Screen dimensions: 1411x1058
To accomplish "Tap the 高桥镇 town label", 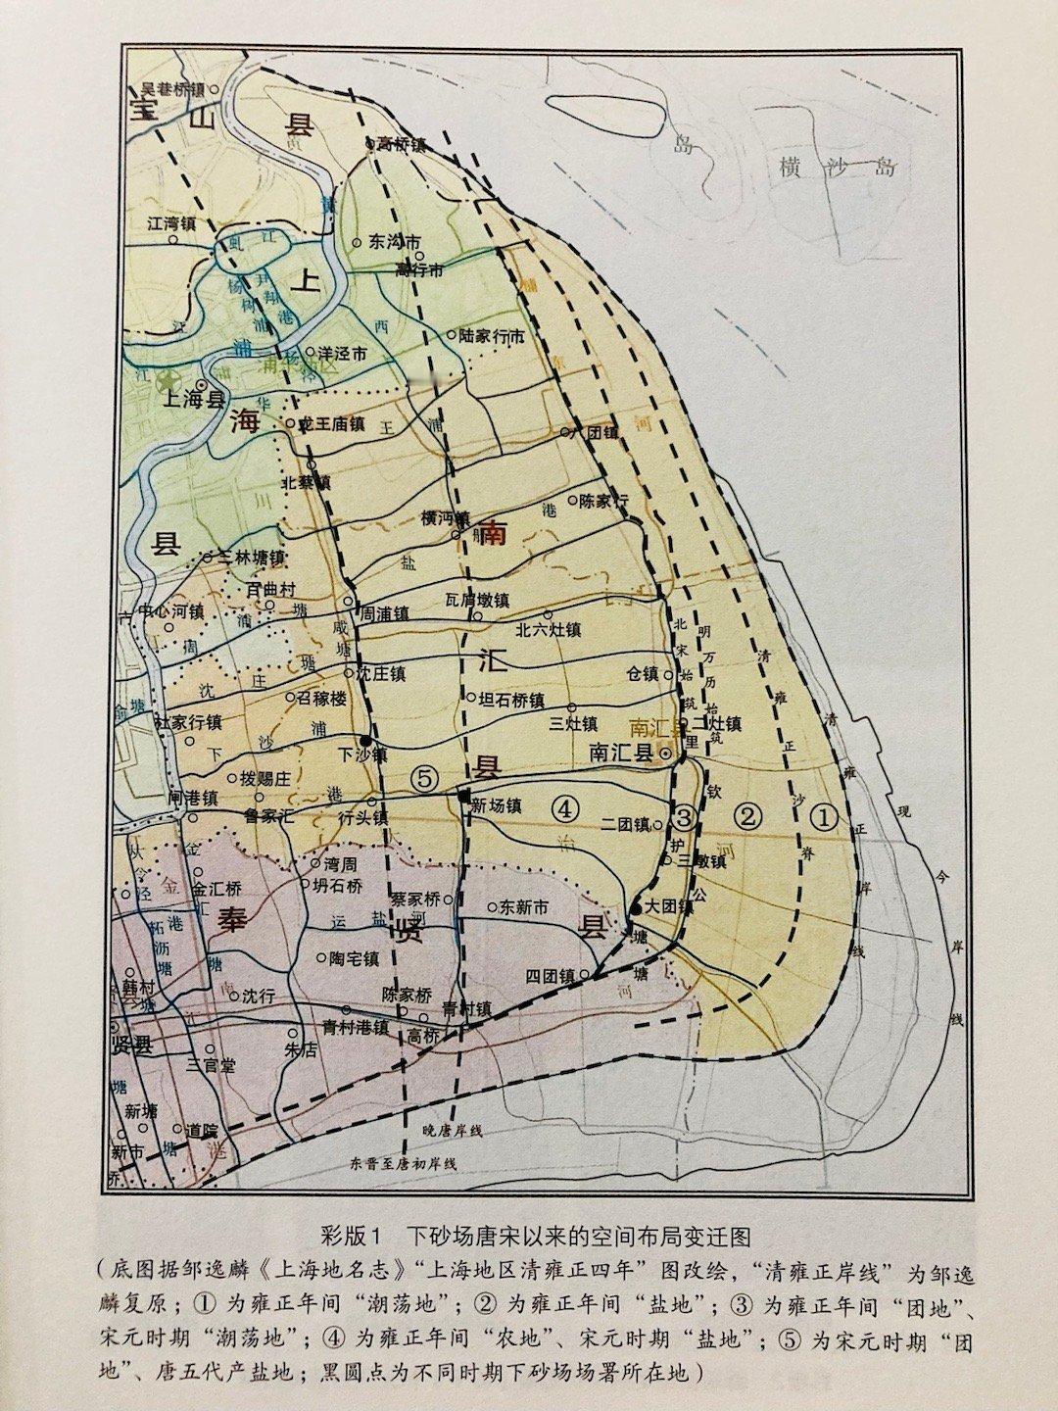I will (x=402, y=144).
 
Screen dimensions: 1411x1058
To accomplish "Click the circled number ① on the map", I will (x=825, y=816).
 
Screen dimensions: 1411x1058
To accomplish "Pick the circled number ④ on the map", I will (x=565, y=808).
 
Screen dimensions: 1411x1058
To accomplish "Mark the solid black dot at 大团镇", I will (x=637, y=909).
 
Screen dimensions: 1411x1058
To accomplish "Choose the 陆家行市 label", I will (x=491, y=336).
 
